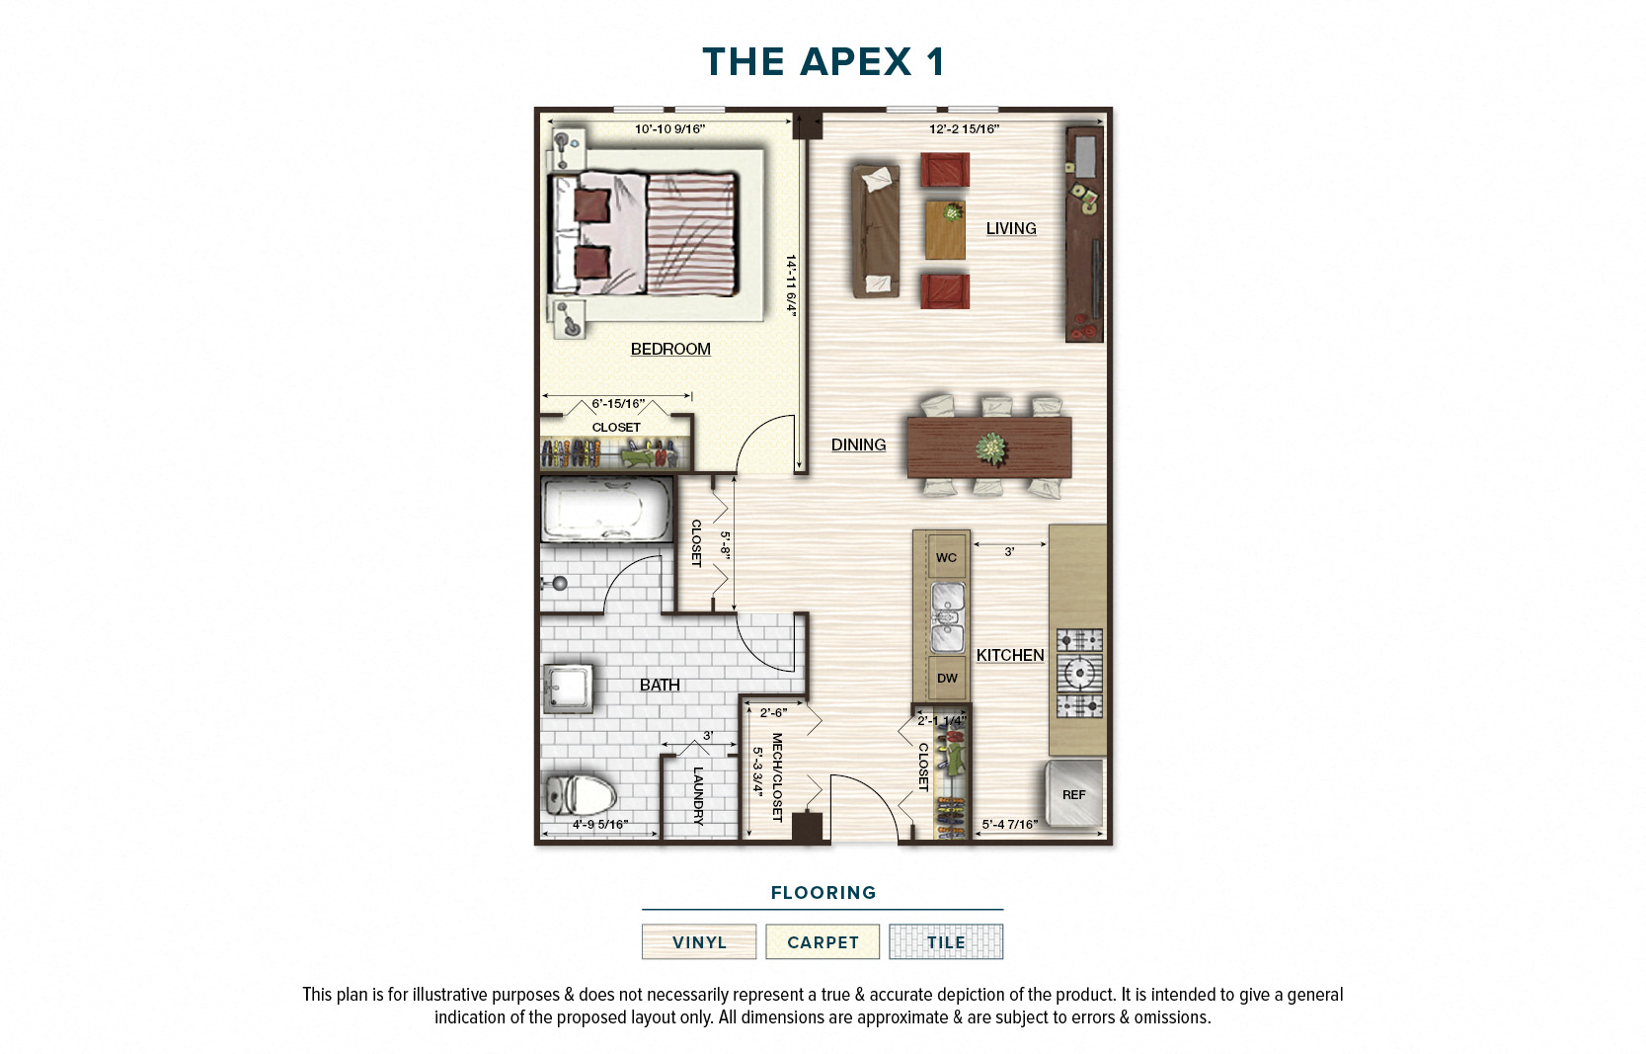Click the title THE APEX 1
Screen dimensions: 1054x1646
pos(823,62)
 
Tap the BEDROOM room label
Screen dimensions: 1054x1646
pos(670,349)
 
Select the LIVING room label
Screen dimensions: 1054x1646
pos(1010,228)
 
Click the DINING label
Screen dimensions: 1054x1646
pos(858,445)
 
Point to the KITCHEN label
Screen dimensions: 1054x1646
pos(1009,655)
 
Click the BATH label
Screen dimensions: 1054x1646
pos(659,685)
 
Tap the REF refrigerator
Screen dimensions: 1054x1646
pos(1074,793)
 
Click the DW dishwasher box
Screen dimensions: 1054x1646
pos(947,678)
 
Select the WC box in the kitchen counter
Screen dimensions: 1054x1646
pos(946,557)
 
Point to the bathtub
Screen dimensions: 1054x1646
pos(605,510)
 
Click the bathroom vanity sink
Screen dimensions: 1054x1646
pos(568,688)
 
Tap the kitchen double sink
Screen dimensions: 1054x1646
pos(947,617)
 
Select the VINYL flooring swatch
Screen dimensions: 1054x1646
pos(699,941)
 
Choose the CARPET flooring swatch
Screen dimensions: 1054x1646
pos(823,941)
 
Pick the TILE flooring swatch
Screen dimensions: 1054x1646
pos(946,941)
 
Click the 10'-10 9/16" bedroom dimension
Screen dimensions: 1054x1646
pos(669,128)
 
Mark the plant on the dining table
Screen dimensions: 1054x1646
pos(990,447)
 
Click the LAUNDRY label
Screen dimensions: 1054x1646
pos(698,795)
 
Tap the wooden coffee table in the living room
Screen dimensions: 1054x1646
pos(945,229)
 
